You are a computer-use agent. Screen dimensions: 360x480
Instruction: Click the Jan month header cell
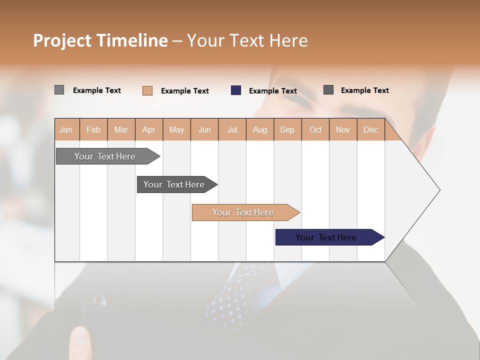(x=66, y=129)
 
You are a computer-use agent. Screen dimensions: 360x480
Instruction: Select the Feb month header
(x=93, y=129)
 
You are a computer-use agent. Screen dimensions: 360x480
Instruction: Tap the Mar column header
(x=121, y=129)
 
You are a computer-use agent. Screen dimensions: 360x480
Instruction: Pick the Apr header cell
(x=149, y=129)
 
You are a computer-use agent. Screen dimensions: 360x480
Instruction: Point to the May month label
(x=176, y=129)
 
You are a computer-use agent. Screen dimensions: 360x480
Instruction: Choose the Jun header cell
(x=204, y=129)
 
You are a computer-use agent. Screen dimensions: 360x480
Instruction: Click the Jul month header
(x=232, y=129)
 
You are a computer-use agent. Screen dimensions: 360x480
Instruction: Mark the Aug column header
(x=260, y=129)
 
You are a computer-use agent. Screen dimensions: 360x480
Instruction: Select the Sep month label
(x=287, y=129)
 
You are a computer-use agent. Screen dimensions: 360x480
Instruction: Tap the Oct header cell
(x=315, y=129)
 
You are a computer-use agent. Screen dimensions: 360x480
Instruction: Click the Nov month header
(x=343, y=129)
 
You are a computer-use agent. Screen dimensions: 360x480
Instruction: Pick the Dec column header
(x=371, y=129)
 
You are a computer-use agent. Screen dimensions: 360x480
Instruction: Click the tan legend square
(x=147, y=90)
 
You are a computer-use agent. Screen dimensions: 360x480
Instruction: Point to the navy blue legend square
(x=236, y=90)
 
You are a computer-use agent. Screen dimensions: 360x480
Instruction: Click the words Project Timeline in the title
(x=100, y=40)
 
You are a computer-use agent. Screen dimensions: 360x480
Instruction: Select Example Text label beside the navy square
(x=273, y=91)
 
